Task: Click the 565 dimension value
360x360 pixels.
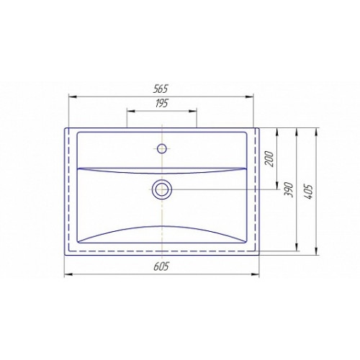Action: (161, 89)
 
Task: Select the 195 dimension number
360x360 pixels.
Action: (161, 104)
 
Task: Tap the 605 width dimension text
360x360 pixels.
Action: (161, 266)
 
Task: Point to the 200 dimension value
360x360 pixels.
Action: (269, 159)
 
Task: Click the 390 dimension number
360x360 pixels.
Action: (289, 189)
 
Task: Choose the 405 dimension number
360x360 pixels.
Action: (308, 192)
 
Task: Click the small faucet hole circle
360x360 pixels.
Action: (162, 148)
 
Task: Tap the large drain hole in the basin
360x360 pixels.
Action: (162, 189)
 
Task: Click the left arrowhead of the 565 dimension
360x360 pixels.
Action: (73, 96)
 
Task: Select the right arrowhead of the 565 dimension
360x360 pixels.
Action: (249, 96)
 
